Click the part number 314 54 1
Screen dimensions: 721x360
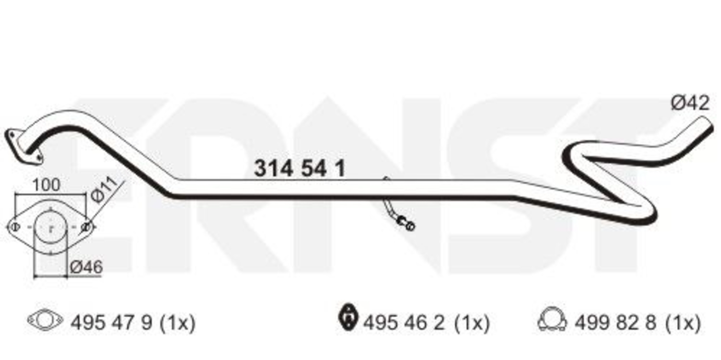click(x=300, y=168)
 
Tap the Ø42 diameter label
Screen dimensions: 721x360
click(x=690, y=103)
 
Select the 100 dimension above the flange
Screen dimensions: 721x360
click(x=46, y=185)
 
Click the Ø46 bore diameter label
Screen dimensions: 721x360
click(x=86, y=267)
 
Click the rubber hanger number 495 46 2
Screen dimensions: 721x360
click(x=404, y=322)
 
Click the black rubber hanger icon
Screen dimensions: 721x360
click(x=348, y=317)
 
